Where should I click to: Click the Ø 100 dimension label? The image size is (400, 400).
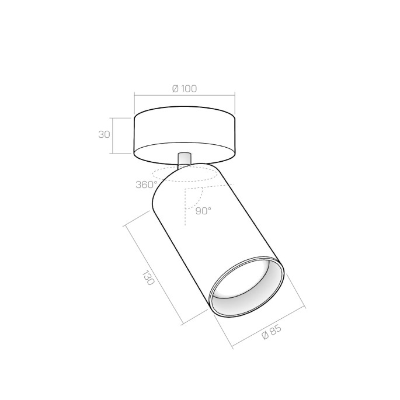coord(185,89)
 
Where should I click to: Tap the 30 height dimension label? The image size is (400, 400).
coord(105,134)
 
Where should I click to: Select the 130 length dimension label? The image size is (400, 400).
coord(148,277)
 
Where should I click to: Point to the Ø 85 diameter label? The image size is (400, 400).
coord(272,335)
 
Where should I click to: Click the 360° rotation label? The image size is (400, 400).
coord(145,185)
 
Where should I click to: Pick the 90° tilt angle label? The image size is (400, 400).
coord(203,211)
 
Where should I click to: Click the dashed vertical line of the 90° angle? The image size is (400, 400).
coord(185,210)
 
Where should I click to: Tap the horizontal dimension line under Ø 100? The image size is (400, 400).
coord(185,95)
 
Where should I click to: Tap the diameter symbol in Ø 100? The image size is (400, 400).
coord(175,89)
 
